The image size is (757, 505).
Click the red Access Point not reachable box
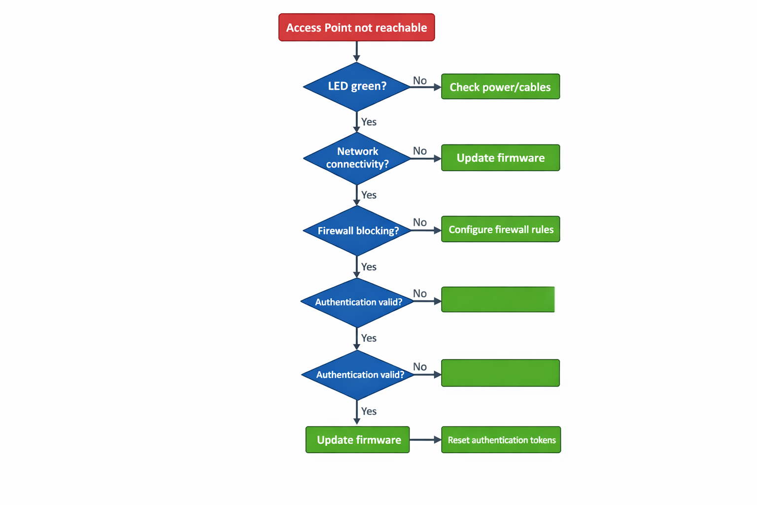(356, 28)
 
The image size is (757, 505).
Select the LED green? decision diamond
(356, 86)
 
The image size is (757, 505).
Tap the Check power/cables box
(500, 87)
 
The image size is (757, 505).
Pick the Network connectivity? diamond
(357, 158)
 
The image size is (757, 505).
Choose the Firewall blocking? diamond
(357, 230)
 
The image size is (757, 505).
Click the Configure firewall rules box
(500, 229)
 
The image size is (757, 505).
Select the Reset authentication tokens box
(501, 440)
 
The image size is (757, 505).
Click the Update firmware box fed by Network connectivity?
(500, 158)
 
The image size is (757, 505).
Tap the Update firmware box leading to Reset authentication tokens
(358, 440)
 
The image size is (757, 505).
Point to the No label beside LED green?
(420, 80)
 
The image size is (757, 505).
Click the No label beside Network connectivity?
(420, 151)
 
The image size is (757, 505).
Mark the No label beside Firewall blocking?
(420, 222)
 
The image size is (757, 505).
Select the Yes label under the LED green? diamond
(369, 122)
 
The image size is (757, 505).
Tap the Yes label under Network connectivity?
(369, 195)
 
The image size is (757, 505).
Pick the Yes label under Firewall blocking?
(369, 267)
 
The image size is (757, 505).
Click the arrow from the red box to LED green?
(356, 51)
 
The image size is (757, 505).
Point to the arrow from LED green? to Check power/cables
(425, 87)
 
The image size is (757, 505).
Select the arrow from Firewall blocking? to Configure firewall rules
(426, 230)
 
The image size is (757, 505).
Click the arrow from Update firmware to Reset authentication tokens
(425, 439)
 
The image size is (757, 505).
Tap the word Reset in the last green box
(458, 440)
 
